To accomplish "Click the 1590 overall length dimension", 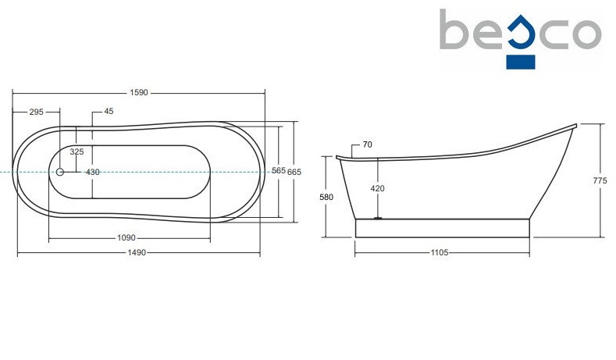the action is click(x=139, y=93).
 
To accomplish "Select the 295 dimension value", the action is click(x=36, y=112).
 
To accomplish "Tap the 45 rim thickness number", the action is click(x=109, y=111).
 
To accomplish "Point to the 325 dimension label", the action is click(x=77, y=151).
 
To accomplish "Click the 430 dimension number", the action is click(x=93, y=172).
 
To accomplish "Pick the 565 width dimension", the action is click(x=279, y=170).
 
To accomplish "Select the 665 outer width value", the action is click(x=294, y=172).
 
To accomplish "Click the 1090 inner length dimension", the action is click(x=126, y=237).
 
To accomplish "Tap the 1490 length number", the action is click(x=137, y=253).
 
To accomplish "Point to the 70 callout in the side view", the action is click(x=367, y=144).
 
